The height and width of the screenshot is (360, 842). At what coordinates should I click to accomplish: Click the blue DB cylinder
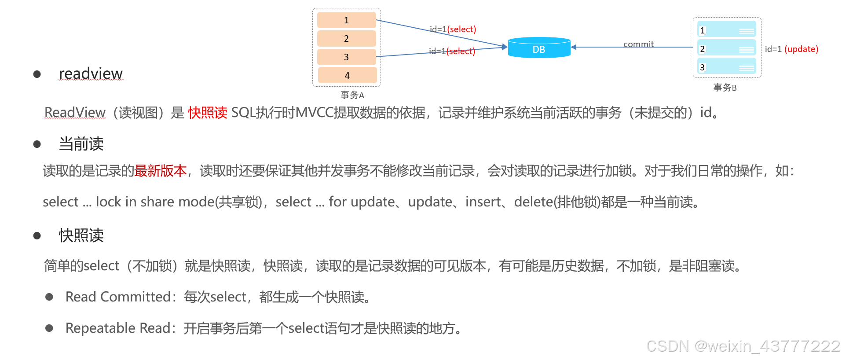(x=539, y=48)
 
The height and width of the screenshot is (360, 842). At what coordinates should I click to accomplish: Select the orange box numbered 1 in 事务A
(x=346, y=20)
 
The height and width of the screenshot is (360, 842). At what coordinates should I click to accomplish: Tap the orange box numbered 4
(x=347, y=75)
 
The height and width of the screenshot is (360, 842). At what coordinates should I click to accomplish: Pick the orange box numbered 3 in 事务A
(x=346, y=57)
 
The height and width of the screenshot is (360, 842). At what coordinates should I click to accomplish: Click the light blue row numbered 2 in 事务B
(x=726, y=48)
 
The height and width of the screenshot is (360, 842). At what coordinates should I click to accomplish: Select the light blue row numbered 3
(x=726, y=67)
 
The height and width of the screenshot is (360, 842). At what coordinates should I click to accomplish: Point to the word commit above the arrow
(x=638, y=44)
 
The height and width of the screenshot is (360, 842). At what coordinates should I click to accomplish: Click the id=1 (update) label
(x=791, y=49)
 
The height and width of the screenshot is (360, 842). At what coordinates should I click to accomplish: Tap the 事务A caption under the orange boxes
(x=352, y=95)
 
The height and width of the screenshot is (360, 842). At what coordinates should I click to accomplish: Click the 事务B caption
(x=725, y=88)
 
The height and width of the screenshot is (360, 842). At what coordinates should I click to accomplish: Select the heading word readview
(x=91, y=73)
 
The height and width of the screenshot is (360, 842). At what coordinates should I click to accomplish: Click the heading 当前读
(x=81, y=144)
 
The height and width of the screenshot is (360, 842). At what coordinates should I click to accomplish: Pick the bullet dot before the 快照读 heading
(x=37, y=236)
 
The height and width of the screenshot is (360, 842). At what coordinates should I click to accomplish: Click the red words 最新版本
(x=161, y=171)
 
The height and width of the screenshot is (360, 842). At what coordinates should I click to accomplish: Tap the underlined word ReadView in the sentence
(x=75, y=113)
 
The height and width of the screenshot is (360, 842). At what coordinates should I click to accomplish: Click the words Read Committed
(x=117, y=297)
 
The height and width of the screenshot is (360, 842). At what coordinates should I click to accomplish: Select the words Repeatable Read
(x=117, y=328)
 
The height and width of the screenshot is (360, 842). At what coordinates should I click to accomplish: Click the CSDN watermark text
(x=743, y=346)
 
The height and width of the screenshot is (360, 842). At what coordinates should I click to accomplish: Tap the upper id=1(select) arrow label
(x=453, y=29)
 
